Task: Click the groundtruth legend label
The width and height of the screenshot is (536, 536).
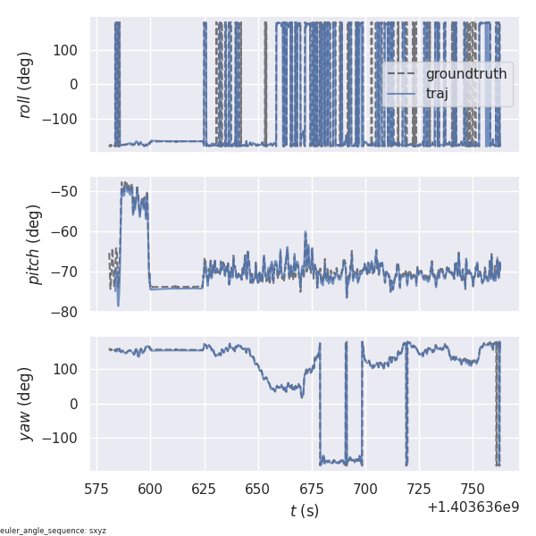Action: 466,73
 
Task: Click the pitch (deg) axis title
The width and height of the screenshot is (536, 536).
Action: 35,244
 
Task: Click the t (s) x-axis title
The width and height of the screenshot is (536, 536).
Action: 304,511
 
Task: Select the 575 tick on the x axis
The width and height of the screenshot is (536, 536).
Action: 97,490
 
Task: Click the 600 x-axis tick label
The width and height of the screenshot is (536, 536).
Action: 151,490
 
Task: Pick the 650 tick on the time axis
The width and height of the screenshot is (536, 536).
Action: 258,490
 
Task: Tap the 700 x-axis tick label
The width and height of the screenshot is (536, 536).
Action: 365,490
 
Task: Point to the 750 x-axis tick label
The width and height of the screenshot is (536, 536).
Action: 473,490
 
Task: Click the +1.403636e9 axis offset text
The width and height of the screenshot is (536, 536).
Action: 473,507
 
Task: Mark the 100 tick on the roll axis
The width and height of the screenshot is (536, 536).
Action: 68,49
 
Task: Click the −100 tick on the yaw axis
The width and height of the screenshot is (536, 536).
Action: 63,438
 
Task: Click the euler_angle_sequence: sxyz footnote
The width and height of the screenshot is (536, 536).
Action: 54,531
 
